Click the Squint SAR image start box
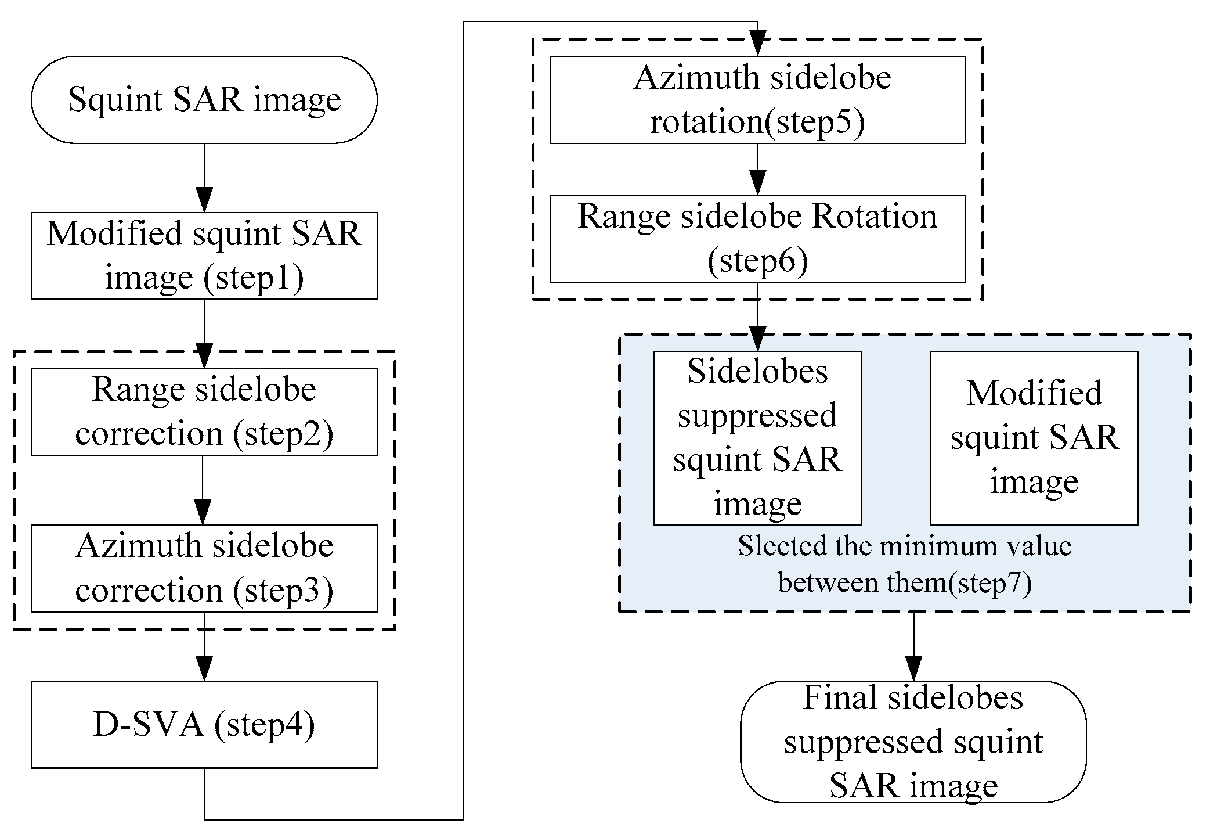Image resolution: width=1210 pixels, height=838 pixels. (204, 100)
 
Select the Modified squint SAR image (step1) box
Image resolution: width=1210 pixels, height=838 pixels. (204, 256)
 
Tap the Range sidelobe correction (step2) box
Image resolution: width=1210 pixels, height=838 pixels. (204, 412)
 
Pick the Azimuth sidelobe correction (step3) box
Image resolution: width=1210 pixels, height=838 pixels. (204, 568)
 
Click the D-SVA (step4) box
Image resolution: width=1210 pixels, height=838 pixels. (204, 724)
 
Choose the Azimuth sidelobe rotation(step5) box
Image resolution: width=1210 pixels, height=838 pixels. (757, 100)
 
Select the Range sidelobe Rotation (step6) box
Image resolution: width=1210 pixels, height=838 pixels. (757, 238)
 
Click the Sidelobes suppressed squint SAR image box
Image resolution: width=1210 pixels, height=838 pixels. (757, 438)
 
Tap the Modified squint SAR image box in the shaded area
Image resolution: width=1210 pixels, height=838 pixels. (1034, 438)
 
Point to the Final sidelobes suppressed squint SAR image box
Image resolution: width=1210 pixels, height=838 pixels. (913, 742)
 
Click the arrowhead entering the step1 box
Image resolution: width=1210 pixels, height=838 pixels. (204, 200)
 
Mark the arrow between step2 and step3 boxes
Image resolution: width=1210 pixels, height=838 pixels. (203, 490)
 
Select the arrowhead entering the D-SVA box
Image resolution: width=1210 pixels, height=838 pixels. (204, 668)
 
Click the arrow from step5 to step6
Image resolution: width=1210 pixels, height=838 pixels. (757, 169)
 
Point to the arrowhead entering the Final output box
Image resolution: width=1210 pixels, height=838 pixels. (913, 668)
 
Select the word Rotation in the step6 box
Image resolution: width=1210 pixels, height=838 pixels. (874, 217)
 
